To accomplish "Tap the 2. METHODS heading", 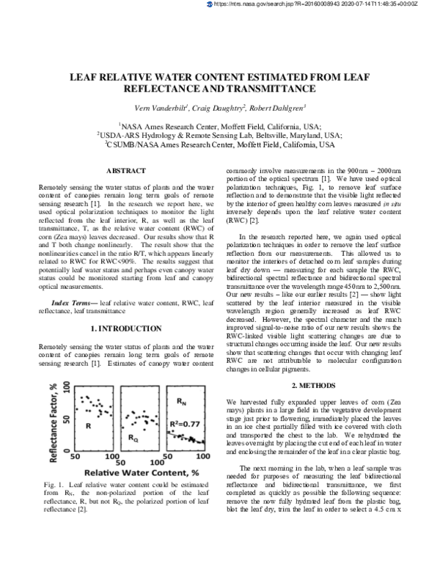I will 313,385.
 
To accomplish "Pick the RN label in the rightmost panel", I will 183,402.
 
